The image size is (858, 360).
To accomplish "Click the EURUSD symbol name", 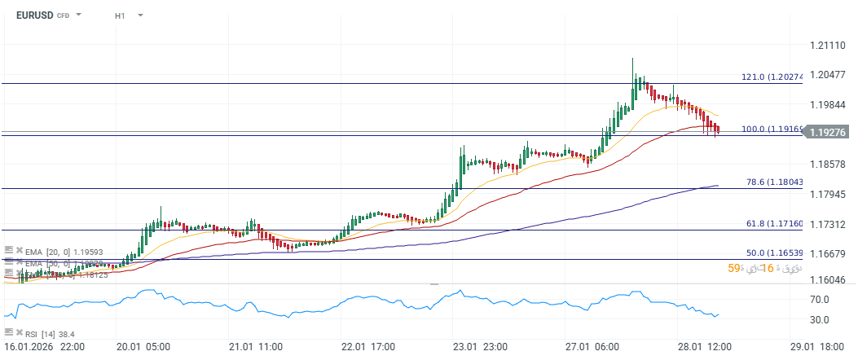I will coord(34,15).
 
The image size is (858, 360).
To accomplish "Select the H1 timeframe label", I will coord(120,15).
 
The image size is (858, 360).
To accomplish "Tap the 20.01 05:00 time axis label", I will coord(143,346).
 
